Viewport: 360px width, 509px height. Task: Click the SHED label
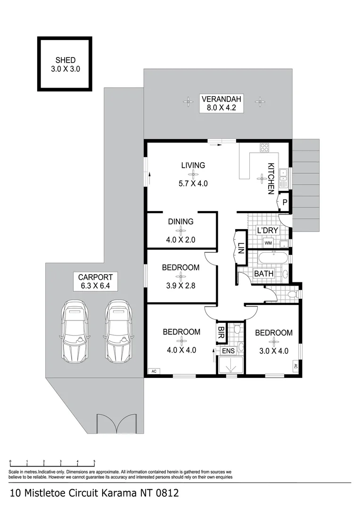(x=65, y=60)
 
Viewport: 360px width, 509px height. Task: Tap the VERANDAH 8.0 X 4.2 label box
(x=221, y=103)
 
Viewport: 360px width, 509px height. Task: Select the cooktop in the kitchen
(x=265, y=147)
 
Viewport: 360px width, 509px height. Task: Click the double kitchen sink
(x=284, y=175)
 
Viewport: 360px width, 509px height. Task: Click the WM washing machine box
(x=268, y=243)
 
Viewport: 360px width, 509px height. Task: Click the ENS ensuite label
(x=229, y=351)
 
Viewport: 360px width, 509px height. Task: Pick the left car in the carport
(x=74, y=331)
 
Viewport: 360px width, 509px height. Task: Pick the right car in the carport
(x=118, y=331)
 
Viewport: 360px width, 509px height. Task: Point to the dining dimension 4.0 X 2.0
(x=180, y=239)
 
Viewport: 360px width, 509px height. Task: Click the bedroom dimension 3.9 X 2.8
(x=180, y=285)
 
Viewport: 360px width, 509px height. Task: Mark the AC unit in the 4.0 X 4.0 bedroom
(x=154, y=371)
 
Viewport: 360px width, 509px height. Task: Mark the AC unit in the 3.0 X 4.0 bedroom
(x=295, y=366)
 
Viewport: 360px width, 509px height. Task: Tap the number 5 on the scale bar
(x=94, y=462)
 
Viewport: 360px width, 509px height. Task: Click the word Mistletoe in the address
(x=61, y=493)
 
